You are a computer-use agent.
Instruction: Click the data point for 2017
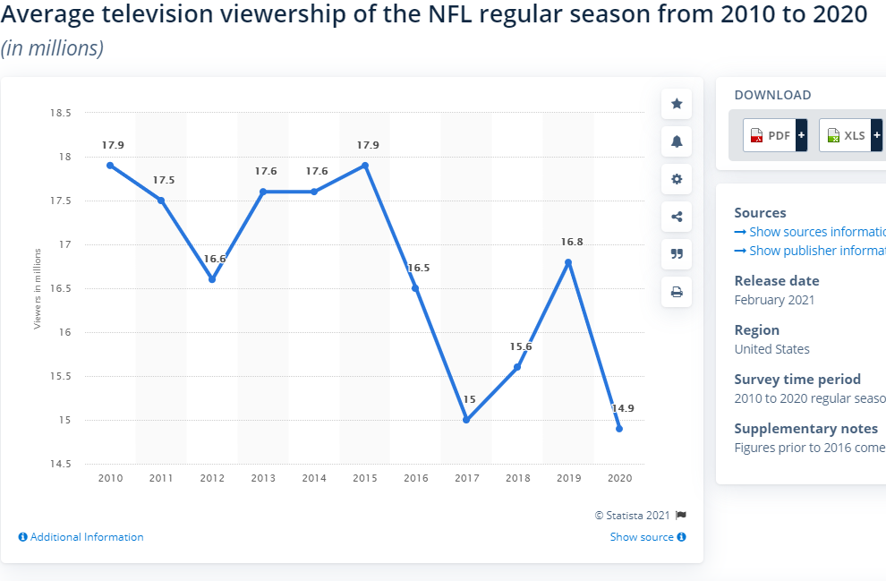pos(466,420)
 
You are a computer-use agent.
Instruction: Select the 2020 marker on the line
pos(618,429)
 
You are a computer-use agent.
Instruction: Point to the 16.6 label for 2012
pos(214,259)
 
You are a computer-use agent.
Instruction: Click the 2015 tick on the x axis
pos(364,479)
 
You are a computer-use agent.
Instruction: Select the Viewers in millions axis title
pos(38,288)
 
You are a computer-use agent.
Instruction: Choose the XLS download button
pos(849,135)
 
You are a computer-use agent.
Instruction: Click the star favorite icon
pos(677,104)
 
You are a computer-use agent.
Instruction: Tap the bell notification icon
pos(677,141)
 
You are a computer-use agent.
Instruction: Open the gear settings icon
pos(677,179)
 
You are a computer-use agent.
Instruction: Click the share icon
pos(677,216)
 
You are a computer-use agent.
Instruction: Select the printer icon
pos(677,291)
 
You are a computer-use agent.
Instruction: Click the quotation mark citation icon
pos(677,253)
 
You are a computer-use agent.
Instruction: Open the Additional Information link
pos(81,537)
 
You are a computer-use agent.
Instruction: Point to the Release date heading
pos(776,280)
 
